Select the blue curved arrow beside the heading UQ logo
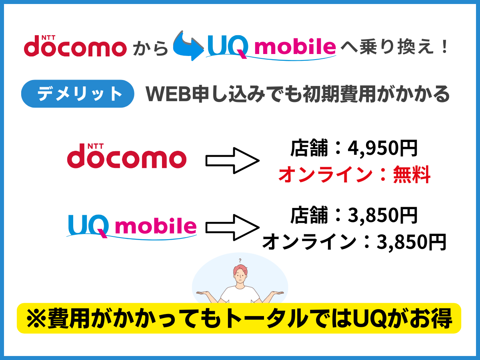point(188,46)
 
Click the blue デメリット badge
point(77,94)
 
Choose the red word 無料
point(411,175)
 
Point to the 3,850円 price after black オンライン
point(411,241)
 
